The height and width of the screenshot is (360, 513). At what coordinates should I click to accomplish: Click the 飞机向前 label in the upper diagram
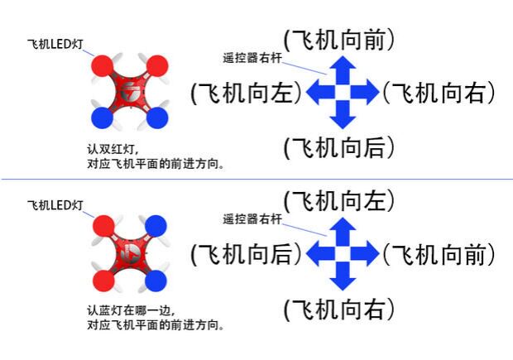pos(338,39)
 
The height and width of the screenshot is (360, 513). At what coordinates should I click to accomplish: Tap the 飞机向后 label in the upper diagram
pos(338,148)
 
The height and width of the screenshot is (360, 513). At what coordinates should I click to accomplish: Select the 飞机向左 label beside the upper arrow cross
pos(245,93)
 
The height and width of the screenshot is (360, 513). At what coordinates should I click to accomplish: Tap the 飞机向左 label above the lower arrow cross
pos(338,200)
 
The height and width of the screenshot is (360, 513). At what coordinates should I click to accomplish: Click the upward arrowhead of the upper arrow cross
pos(343,65)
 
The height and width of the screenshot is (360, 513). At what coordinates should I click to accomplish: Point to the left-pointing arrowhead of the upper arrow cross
pos(315,93)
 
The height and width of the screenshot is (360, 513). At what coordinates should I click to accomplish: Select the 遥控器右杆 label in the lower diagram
pos(252,219)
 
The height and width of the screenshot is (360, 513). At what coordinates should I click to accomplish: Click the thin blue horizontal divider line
pos(256,179)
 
